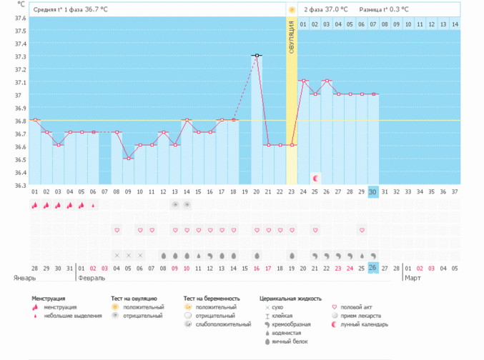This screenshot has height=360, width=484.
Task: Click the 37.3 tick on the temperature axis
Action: (21, 56)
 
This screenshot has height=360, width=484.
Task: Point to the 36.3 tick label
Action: (21, 185)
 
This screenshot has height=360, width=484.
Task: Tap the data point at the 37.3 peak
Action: (257, 55)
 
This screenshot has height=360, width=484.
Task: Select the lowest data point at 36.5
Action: (128, 158)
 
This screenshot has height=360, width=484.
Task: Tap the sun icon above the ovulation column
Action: (292, 10)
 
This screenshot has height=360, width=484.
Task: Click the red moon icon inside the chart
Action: (315, 177)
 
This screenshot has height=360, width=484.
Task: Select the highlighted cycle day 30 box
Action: (373, 191)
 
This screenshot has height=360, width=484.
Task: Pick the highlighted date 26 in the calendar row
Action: (373, 267)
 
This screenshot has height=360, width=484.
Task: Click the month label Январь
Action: (25, 276)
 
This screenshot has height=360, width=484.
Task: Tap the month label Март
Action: (413, 276)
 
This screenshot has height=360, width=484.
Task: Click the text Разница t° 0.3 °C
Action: (385, 10)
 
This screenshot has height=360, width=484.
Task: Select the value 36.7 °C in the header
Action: (94, 10)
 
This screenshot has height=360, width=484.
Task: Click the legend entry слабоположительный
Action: (223, 324)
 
